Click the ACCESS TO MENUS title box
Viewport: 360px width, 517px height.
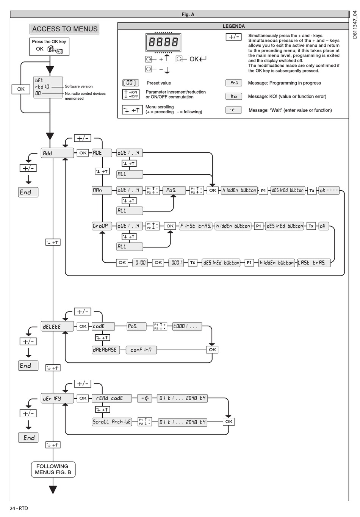pos(64,29)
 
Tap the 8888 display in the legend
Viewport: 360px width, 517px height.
pos(163,42)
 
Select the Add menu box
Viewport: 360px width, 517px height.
pos(57,153)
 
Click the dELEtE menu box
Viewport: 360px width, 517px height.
pos(57,326)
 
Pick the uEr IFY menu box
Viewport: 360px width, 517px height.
pos(57,398)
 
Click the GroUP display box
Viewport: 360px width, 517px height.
pos(102,226)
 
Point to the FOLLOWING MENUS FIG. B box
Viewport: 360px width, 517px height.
pos(53,470)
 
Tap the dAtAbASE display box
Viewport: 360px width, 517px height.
pos(106,350)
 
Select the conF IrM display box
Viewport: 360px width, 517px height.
pos(141,350)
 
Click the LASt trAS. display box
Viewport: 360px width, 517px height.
pos(314,263)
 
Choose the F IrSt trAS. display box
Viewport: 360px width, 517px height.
pos(196,226)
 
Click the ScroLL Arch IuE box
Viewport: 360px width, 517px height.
pos(112,422)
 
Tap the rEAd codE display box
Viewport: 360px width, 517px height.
pos(112,398)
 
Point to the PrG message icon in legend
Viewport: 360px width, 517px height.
pos(234,83)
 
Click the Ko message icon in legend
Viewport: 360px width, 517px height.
pos(234,96)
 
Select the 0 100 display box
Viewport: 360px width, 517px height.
pos(140,263)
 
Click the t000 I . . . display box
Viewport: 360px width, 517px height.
pos(187,326)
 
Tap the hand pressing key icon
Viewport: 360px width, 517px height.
pos(55,49)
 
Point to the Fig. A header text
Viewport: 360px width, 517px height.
pos(188,14)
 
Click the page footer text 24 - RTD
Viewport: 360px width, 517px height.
pos(19,508)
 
